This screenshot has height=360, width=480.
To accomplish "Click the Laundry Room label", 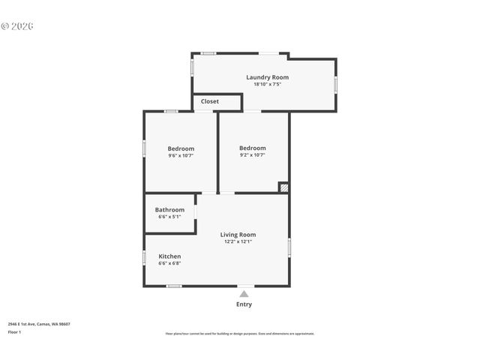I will pyautogui.click(x=267, y=77).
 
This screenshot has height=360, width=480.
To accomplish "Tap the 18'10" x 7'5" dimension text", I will pyautogui.click(x=267, y=84).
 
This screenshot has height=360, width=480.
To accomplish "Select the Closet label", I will pyautogui.click(x=210, y=101).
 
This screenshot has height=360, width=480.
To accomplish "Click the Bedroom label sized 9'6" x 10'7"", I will pyautogui.click(x=181, y=148).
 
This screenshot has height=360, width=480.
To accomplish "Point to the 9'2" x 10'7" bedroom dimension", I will pyautogui.click(x=253, y=155).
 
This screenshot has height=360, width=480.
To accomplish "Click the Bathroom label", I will pyautogui.click(x=169, y=210).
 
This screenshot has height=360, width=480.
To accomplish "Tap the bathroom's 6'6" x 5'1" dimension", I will pyautogui.click(x=169, y=217).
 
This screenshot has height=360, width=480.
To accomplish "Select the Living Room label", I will pyautogui.click(x=238, y=235).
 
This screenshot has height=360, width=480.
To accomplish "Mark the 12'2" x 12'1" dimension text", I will pyautogui.click(x=238, y=241).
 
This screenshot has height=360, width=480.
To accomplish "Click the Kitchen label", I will pyautogui.click(x=169, y=256).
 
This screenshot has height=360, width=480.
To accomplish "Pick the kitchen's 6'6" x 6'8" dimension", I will pyautogui.click(x=169, y=263).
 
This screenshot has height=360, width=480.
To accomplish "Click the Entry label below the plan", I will pyautogui.click(x=244, y=304).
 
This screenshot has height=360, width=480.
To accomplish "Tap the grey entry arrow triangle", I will pyautogui.click(x=244, y=294).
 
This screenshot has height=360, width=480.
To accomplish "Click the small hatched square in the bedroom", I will pyautogui.click(x=283, y=187).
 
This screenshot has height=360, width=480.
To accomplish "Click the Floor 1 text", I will pyautogui.click(x=15, y=331).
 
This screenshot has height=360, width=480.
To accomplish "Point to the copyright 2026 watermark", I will pyautogui.click(x=17, y=26).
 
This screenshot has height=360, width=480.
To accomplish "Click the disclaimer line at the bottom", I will pyautogui.click(x=240, y=334).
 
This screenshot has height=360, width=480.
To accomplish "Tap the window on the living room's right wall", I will pyautogui.click(x=289, y=247).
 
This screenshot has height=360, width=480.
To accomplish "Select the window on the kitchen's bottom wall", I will pyautogui.click(x=174, y=286).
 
